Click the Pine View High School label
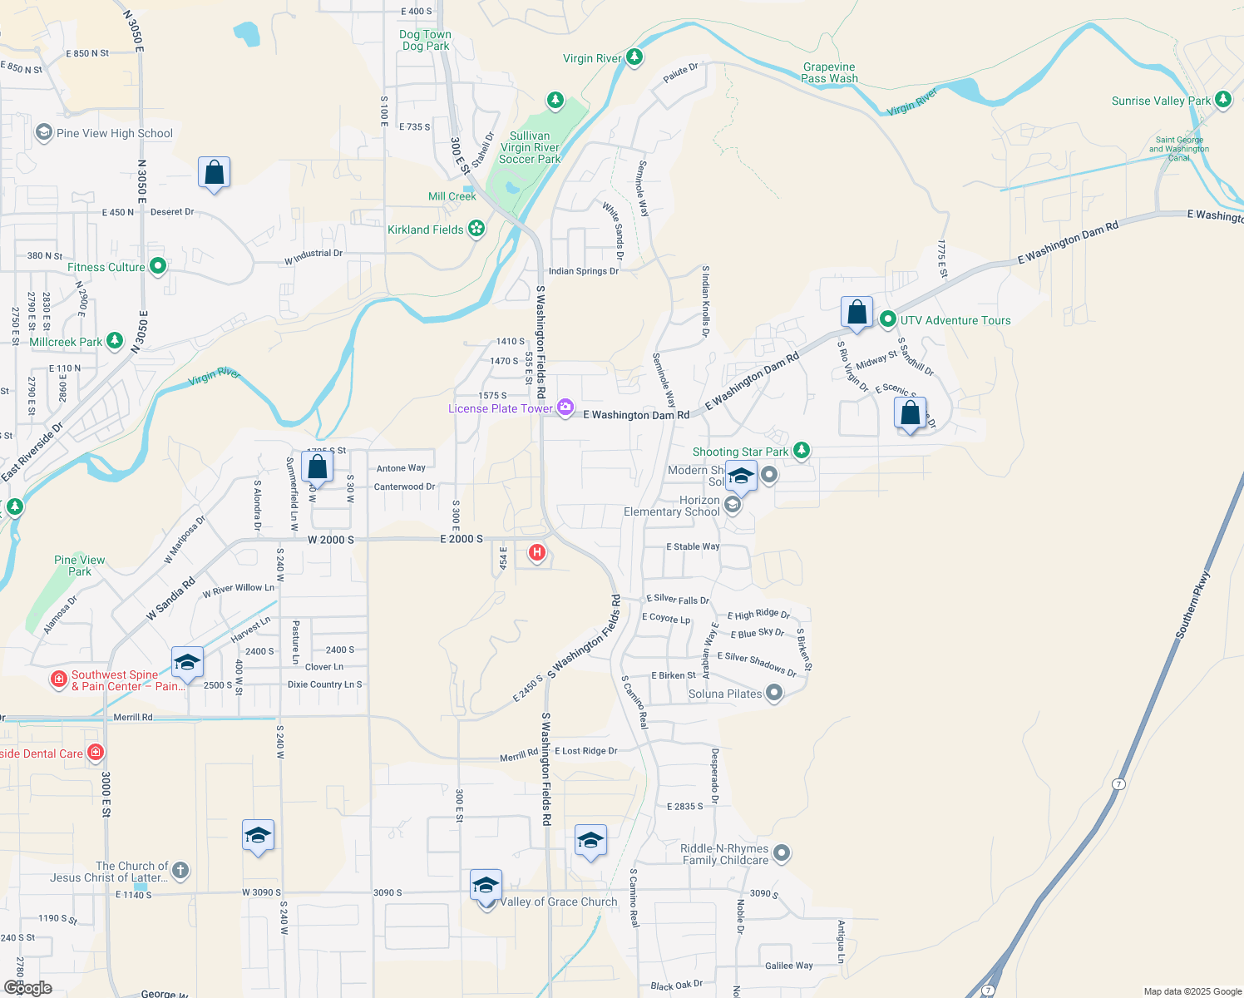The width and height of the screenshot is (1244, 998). (114, 133)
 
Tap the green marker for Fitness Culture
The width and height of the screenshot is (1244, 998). (158, 267)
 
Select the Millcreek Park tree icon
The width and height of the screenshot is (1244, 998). (115, 341)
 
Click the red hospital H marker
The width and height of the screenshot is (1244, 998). (537, 551)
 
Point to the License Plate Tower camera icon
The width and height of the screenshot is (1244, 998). (565, 408)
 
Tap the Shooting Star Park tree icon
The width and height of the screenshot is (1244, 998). (801, 451)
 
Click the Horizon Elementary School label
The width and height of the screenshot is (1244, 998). (671, 506)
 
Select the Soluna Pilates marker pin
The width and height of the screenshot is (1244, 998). (774, 693)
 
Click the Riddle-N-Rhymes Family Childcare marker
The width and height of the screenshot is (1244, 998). (781, 853)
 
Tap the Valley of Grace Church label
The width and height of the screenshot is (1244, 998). (559, 902)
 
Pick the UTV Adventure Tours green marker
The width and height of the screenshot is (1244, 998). (887, 319)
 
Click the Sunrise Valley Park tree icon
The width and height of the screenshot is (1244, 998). (1222, 101)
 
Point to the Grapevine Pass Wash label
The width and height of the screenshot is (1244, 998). (829, 72)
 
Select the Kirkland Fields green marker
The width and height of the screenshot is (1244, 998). (476, 229)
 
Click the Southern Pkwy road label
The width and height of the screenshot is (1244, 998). (1193, 605)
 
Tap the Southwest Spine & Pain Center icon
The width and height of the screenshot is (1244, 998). (58, 679)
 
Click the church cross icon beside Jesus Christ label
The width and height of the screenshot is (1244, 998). (180, 871)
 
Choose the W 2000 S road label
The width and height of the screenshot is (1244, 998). (331, 540)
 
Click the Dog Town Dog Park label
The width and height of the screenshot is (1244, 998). (425, 40)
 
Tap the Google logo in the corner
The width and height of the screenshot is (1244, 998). (28, 987)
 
